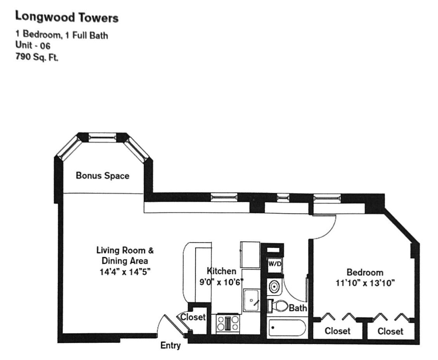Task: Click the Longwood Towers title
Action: [66, 17]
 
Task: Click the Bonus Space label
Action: [103, 176]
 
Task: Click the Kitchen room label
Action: [221, 271]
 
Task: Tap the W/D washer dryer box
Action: [275, 264]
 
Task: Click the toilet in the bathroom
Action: [279, 306]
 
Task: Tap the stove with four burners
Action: [228, 323]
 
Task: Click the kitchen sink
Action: [253, 300]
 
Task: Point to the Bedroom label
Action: [365, 272]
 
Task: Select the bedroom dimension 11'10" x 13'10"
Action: [365, 283]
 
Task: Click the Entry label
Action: [170, 345]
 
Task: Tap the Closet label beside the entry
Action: [193, 317]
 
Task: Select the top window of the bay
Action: [102, 137]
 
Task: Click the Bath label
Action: [298, 308]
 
